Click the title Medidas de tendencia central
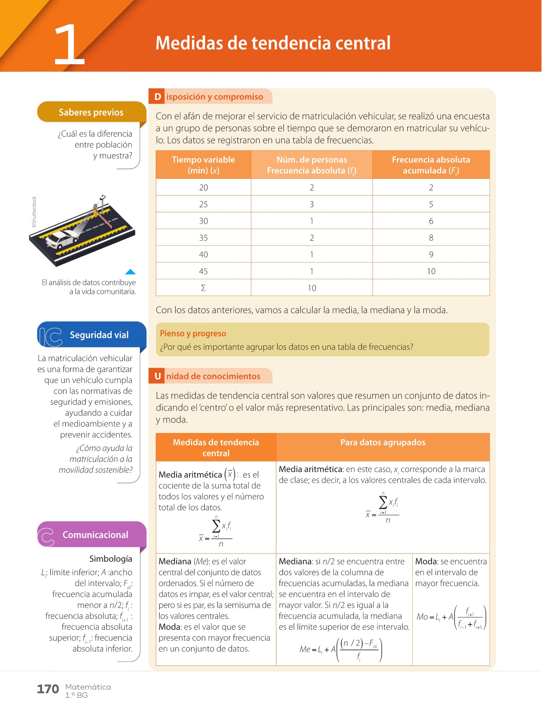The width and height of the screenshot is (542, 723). tap(273, 43)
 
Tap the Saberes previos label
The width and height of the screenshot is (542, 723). tap(91, 112)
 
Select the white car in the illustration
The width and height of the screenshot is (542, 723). tap(61, 239)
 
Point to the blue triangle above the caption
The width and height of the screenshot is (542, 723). tap(130, 272)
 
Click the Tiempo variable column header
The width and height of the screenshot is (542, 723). tap(204, 165)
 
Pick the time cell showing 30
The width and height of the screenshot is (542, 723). tap(204, 221)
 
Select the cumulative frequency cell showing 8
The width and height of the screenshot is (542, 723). tap(431, 238)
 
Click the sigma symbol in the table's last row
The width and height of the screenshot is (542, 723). tap(204, 288)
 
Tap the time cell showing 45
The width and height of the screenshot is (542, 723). tap(204, 271)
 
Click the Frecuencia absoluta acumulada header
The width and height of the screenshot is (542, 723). tap(431, 165)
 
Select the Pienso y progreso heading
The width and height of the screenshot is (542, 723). tap(193, 333)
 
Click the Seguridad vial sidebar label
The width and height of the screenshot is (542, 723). tap(99, 335)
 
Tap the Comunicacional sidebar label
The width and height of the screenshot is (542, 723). tap(95, 535)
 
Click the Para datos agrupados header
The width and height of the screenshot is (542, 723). tap(383, 443)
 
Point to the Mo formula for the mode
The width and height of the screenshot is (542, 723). tap(451, 617)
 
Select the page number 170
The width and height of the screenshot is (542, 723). tap(48, 689)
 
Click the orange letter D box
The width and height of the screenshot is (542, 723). tap(157, 97)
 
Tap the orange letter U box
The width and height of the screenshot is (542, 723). tap(157, 376)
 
